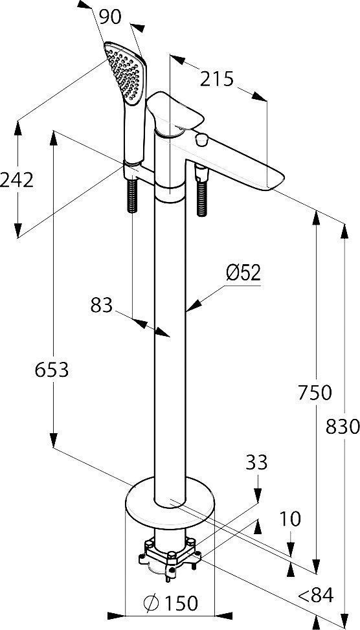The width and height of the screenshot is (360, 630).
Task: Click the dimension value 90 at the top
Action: tap(110, 18)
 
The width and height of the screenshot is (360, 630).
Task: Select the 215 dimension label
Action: tap(216, 79)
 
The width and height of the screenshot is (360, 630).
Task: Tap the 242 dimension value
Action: tap(17, 179)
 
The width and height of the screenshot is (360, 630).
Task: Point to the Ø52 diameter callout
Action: tap(243, 273)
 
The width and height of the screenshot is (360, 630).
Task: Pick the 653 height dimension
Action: tap(51, 370)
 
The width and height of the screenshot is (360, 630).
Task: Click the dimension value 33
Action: tap(256, 462)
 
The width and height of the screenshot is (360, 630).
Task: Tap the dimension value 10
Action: tap(291, 519)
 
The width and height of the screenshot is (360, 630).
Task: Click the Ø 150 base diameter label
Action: tap(170, 603)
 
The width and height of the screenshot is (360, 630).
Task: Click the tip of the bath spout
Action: tap(275, 181)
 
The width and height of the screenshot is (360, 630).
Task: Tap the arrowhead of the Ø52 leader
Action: tap(189, 310)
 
